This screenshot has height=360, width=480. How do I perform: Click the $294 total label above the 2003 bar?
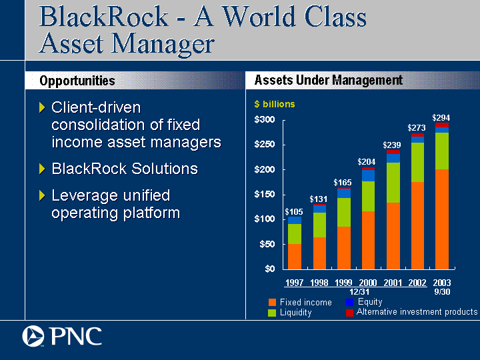[441, 118]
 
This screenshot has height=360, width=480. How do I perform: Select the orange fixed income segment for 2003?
[442, 219]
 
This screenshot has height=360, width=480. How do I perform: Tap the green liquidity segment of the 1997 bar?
[295, 234]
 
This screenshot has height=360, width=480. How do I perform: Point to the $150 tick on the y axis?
[265, 195]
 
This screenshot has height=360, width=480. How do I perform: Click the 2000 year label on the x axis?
[367, 282]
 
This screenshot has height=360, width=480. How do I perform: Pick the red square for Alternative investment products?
[349, 313]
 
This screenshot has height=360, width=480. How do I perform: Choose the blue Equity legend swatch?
[349, 302]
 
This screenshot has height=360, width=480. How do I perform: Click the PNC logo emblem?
[33, 336]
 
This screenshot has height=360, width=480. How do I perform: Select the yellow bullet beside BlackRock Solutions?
[42, 169]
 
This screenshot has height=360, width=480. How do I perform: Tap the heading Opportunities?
[77, 81]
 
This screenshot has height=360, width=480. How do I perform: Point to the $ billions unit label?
[275, 105]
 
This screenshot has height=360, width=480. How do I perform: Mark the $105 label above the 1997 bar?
[294, 212]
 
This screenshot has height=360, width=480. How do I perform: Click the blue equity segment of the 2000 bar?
[368, 176]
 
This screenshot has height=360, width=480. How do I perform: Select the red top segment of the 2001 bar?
[393, 152]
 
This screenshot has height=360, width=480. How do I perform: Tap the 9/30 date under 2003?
[442, 292]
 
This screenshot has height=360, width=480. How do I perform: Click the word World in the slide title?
[259, 17]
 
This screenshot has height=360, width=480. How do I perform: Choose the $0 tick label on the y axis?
[270, 269]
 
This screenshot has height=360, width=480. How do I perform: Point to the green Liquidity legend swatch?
[272, 313]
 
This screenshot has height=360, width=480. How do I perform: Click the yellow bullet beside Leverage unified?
[42, 195]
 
